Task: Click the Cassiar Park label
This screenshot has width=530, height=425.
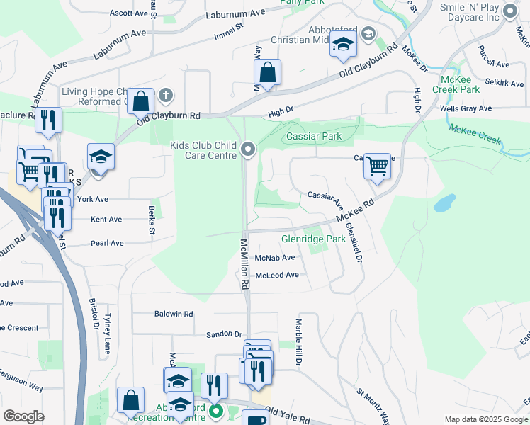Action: tap(313, 136)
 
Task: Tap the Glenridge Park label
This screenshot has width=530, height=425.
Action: tap(313, 239)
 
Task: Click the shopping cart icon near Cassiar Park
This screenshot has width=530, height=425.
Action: tap(378, 167)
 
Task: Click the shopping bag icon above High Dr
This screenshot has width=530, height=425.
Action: tap(267, 72)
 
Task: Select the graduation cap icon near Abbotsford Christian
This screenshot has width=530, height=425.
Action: tap(343, 45)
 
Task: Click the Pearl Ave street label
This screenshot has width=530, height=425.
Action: tap(107, 243)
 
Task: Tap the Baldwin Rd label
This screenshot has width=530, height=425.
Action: tap(174, 313)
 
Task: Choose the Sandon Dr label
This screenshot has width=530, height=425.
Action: tap(224, 334)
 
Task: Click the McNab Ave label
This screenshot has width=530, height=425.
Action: tap(275, 258)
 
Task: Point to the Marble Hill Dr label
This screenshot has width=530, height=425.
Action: tap(298, 342)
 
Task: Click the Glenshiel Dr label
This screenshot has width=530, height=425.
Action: tap(354, 243)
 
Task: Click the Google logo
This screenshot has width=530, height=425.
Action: tap(23, 416)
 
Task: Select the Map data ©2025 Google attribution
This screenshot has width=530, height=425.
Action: tap(485, 419)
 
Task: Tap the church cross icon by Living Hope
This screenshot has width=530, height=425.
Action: tap(166, 94)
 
